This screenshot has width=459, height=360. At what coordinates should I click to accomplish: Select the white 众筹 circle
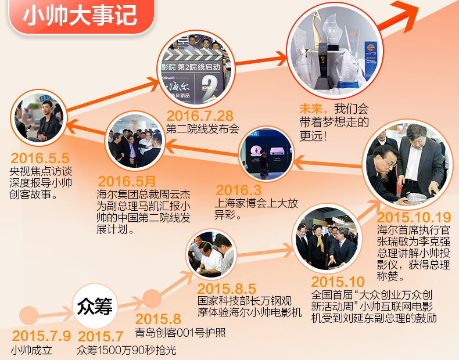point(95,306)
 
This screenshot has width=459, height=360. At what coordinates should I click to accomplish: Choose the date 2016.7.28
point(199,115)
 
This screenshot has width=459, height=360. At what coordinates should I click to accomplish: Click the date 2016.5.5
point(40,158)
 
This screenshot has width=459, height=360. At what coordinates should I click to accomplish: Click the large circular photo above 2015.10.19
point(407,165)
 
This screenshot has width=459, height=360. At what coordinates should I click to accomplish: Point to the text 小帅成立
point(31,351)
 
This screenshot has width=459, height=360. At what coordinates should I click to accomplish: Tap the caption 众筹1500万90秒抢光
point(126,350)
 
